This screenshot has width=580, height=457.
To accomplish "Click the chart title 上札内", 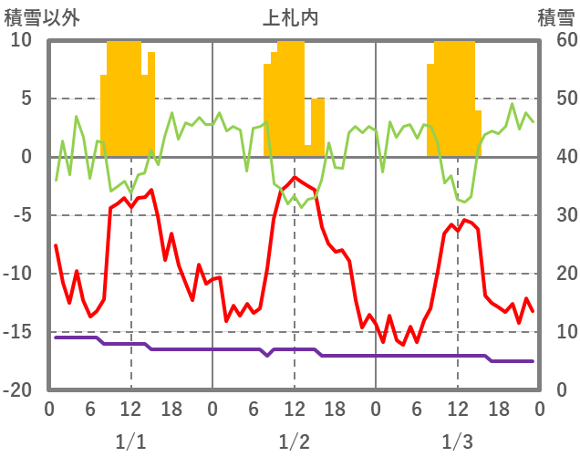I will coord(290,17).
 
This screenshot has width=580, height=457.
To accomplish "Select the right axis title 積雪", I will coord(554,17).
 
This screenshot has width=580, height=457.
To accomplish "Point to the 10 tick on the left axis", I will coord(21,40).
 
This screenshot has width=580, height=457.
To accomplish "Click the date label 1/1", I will coord(130,441).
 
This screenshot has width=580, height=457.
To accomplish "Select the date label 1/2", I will coord(294,441).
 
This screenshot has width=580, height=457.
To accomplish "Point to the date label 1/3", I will coord(457,441).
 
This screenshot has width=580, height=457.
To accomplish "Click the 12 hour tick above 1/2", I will coord(294,409).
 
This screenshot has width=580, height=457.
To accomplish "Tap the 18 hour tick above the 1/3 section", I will coord(498,409).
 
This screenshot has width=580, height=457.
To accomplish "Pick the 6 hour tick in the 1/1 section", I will coord(90,409).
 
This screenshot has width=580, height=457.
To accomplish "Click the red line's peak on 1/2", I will coord(294,177).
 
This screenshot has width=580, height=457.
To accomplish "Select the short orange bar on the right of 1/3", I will coord(478,133).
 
